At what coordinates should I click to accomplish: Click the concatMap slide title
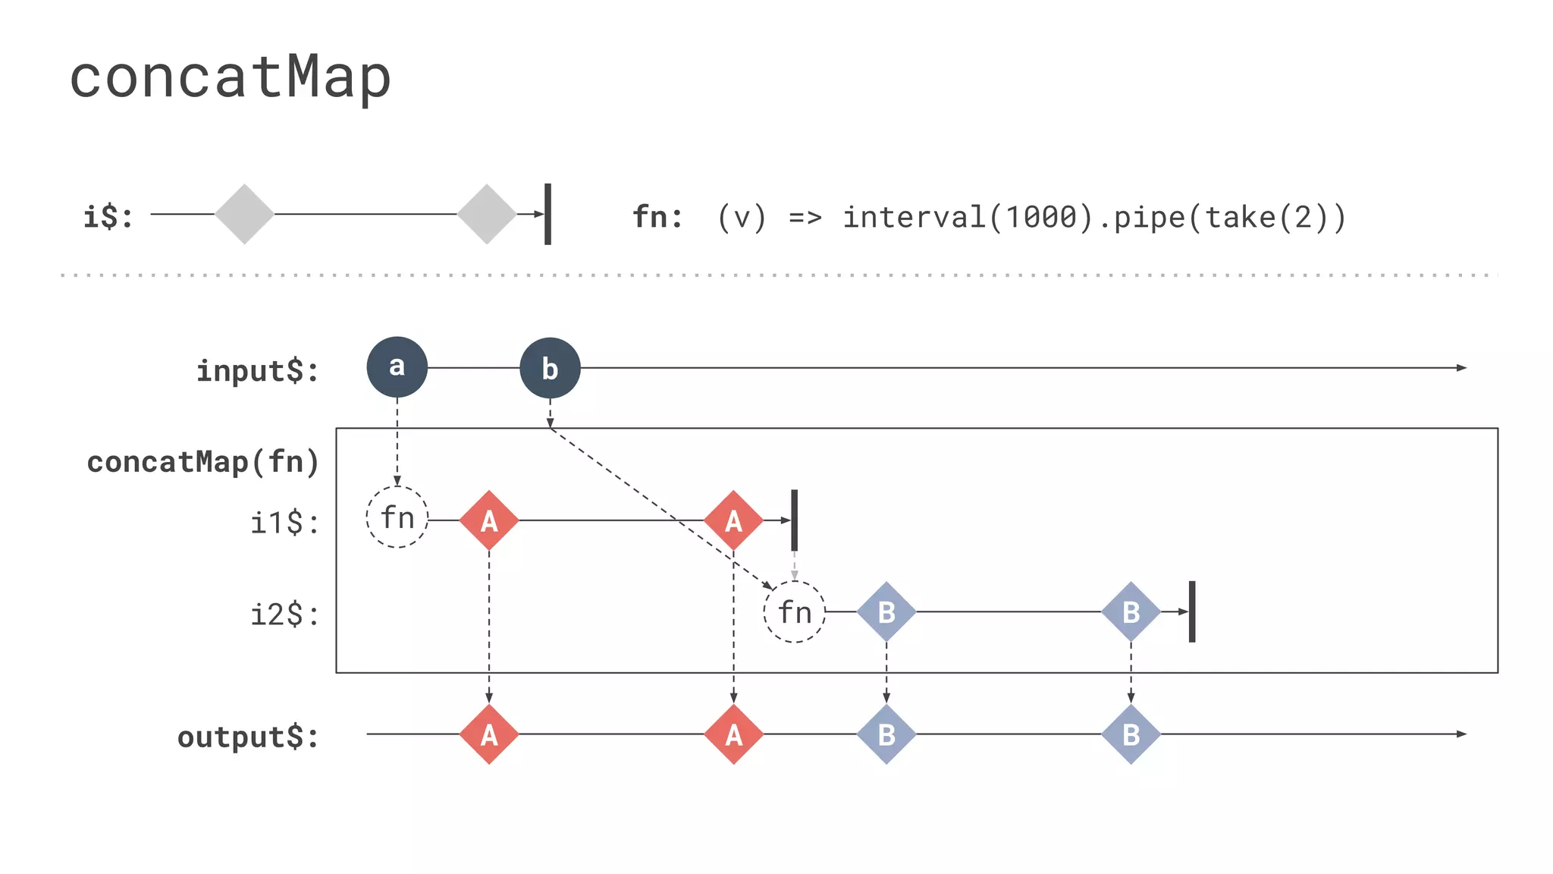(230, 77)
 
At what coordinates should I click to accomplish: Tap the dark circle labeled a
(397, 367)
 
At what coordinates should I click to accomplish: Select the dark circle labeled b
(550, 368)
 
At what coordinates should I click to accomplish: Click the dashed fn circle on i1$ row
(397, 517)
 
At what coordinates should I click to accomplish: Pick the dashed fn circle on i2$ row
(794, 611)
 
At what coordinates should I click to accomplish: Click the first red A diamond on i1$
(489, 520)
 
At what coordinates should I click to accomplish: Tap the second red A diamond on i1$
(733, 520)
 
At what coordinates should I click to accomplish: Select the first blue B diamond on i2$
(886, 611)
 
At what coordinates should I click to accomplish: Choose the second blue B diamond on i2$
(1131, 611)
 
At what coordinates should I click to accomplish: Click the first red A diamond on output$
(489, 734)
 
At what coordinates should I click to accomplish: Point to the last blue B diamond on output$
(1131, 734)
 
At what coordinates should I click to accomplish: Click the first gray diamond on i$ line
(244, 214)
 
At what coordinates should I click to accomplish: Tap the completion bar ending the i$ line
(547, 214)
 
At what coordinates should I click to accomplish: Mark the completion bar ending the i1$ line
(794, 520)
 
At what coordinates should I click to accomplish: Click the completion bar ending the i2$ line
(1192, 611)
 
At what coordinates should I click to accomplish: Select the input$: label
(258, 371)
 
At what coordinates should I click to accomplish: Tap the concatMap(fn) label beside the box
(202, 462)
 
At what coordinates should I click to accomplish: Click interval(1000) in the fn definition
(968, 218)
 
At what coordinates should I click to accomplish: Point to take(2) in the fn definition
(1266, 218)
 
